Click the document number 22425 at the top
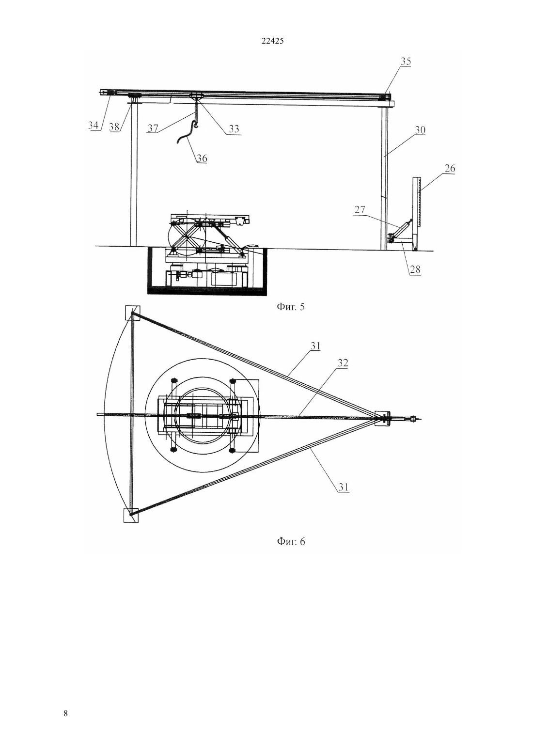[272, 41]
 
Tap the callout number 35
[406, 61]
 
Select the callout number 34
[93, 125]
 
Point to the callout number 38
[114, 127]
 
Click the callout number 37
[153, 128]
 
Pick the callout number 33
[234, 128]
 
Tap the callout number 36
[202, 158]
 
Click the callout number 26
[450, 168]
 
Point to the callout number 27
[360, 209]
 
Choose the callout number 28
[415, 269]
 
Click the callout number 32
[343, 363]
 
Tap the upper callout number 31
[315, 346]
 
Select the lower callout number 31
[343, 487]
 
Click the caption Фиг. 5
[290, 307]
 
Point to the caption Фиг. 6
[291, 541]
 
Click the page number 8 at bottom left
[65, 714]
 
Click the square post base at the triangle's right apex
[382, 418]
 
